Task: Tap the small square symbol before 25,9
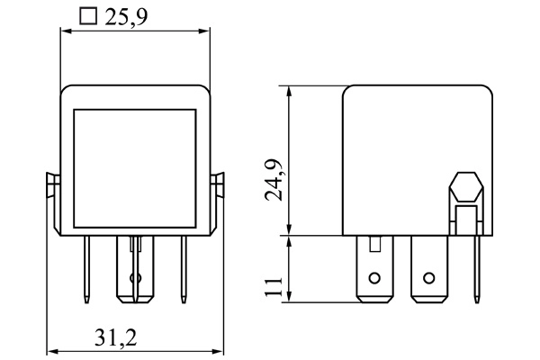coord(87,16)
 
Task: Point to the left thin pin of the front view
coord(87,270)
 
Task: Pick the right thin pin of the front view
coord(184,270)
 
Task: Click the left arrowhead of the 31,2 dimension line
coord(51,350)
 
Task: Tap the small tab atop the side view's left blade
coord(375,242)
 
